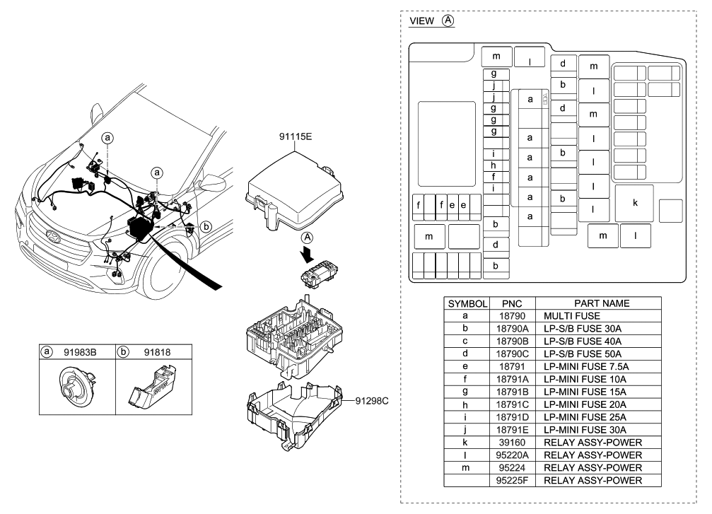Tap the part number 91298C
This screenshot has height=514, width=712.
point(370,401)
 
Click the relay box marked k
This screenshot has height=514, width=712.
point(634,203)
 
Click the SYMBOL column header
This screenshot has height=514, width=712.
point(466,303)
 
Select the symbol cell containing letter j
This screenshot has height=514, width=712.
point(466,430)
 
